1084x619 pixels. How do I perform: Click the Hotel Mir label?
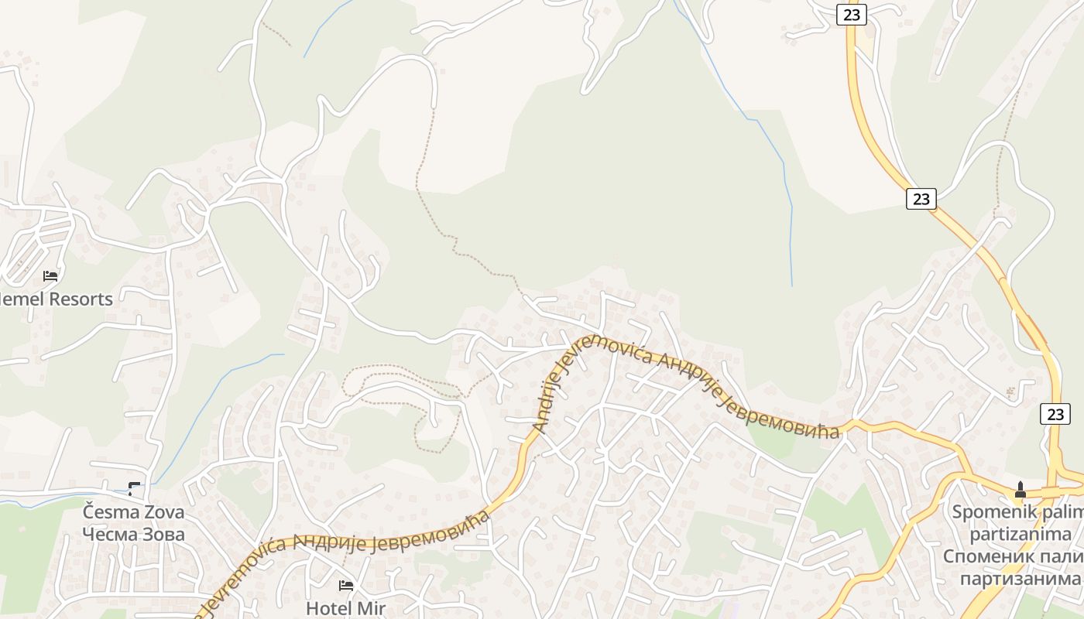click(345, 608)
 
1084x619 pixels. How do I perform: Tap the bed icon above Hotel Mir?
click(345, 586)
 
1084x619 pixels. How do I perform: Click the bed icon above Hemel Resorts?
click(50, 275)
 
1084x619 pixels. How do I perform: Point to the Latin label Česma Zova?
click(134, 512)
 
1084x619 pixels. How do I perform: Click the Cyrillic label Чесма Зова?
click(134, 534)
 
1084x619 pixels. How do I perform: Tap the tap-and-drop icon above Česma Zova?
click(134, 488)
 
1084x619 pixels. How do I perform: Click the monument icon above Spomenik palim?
click(1020, 490)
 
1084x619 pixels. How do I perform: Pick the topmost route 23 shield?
click(851, 14)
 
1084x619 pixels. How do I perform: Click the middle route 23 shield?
click(921, 199)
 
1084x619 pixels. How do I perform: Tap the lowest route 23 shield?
click(1055, 414)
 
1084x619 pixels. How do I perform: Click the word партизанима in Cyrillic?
click(1021, 579)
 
